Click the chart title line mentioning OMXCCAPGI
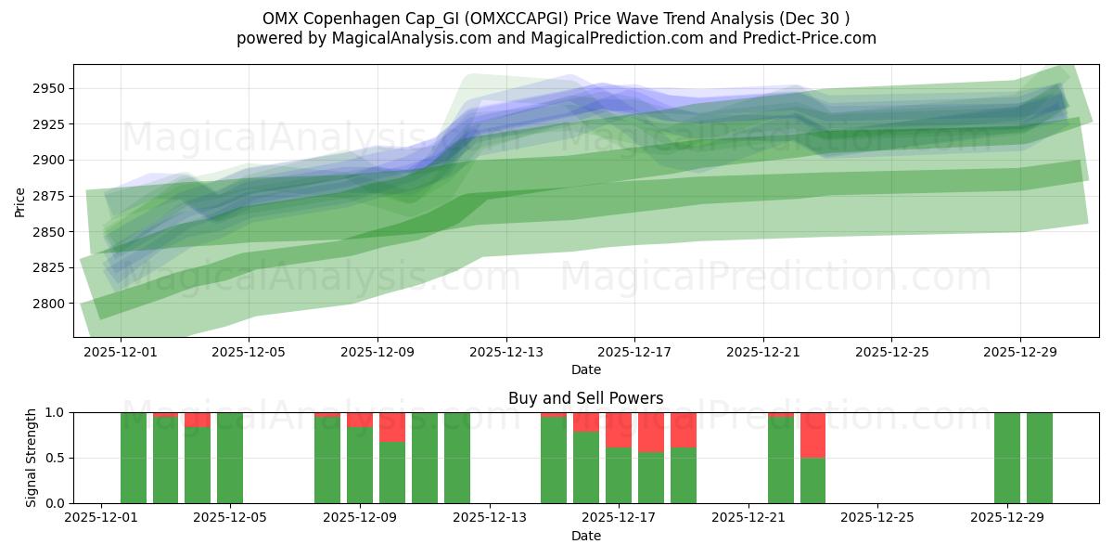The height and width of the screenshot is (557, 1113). (x=556, y=18)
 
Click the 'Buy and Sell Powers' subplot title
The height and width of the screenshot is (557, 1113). (x=585, y=398)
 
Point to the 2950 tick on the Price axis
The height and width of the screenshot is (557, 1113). (x=50, y=89)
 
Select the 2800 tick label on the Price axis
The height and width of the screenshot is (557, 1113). (x=50, y=304)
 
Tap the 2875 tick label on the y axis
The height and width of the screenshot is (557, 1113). (x=50, y=196)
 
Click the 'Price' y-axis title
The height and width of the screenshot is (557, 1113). (x=20, y=201)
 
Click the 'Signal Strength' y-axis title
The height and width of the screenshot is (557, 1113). (x=32, y=458)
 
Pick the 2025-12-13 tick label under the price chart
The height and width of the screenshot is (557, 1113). (x=505, y=353)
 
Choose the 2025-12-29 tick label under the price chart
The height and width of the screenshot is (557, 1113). (x=1020, y=353)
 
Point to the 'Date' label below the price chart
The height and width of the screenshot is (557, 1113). (x=585, y=369)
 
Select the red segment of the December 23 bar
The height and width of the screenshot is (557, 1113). (x=812, y=434)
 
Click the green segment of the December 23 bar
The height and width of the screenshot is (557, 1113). (x=812, y=480)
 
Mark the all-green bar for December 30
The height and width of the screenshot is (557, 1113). (x=1039, y=458)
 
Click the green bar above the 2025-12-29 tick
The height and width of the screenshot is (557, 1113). (x=1006, y=458)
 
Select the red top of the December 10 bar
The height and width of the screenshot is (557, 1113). (x=392, y=427)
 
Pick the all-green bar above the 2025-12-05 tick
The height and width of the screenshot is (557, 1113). (x=230, y=458)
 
